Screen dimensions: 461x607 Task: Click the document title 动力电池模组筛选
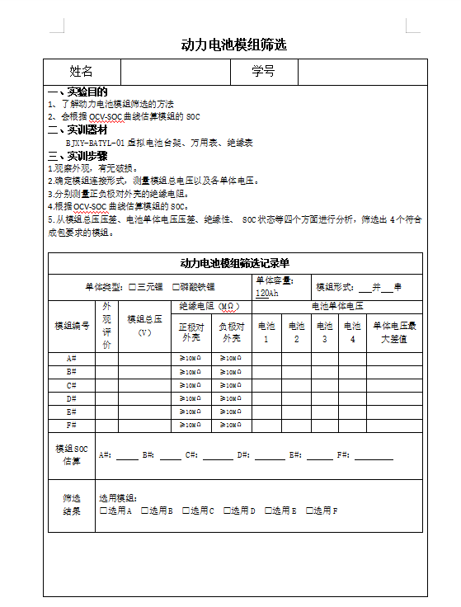233,45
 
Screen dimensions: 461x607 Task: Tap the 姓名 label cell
81,72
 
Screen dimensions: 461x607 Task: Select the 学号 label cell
263,72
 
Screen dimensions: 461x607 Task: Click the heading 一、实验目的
78,92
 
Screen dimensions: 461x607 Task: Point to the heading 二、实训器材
78,129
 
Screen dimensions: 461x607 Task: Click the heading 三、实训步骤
78,155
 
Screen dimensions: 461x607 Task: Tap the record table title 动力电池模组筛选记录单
234,263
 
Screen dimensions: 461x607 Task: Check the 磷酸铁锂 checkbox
175,287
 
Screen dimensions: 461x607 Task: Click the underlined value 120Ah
266,293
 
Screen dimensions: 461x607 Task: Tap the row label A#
71,359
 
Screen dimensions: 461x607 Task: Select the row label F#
71,425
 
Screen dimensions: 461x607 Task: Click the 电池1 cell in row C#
266,385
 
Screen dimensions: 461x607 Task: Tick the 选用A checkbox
103,511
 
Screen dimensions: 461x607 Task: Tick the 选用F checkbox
309,511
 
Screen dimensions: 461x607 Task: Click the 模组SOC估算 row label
71,455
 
